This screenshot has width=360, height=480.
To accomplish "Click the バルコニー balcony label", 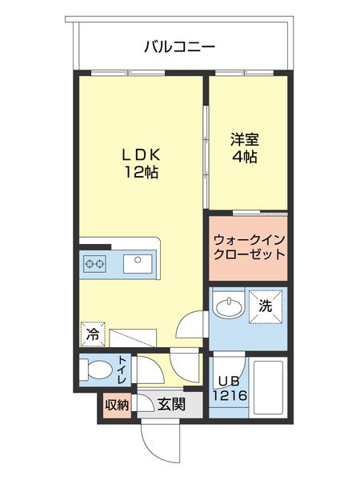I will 179,46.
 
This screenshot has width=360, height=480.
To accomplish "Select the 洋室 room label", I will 246,138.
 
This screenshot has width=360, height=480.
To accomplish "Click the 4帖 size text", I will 246,156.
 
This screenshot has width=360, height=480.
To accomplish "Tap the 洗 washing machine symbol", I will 266,303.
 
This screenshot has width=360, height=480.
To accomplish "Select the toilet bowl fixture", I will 98,371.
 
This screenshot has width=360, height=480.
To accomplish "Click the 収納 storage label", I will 117,405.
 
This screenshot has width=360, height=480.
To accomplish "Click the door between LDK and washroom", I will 190,325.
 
